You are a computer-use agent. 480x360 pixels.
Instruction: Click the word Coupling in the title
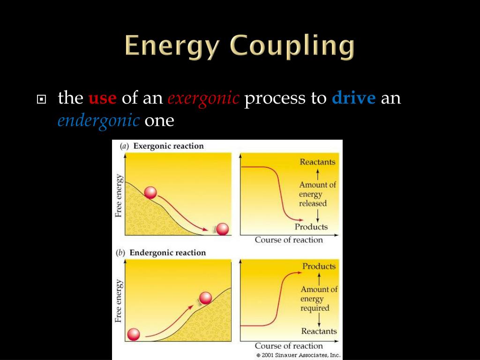[293, 47]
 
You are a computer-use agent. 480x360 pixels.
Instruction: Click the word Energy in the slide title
[176, 47]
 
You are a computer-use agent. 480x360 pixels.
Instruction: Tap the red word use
[102, 98]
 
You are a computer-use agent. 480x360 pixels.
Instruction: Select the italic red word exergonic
[203, 98]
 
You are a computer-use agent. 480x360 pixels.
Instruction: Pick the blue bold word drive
[353, 98]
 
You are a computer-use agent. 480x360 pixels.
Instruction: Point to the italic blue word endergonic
[98, 120]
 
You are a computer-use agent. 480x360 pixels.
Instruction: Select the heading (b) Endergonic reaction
[161, 253]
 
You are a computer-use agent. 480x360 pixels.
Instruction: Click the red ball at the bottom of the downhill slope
[222, 229]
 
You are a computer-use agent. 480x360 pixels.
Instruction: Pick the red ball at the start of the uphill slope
[134, 334]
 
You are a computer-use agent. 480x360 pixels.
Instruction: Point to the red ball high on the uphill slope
[205, 298]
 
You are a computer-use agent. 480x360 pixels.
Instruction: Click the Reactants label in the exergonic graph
[317, 162]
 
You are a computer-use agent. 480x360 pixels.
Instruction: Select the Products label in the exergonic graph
[311, 227]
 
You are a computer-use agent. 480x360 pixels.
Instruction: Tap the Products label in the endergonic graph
[319, 266]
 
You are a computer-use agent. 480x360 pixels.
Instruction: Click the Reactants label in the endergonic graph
[319, 331]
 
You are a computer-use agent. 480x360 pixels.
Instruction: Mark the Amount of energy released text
[317, 194]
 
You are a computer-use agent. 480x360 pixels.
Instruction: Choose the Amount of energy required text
[318, 299]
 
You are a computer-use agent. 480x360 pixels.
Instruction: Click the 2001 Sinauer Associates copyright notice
[299, 355]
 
